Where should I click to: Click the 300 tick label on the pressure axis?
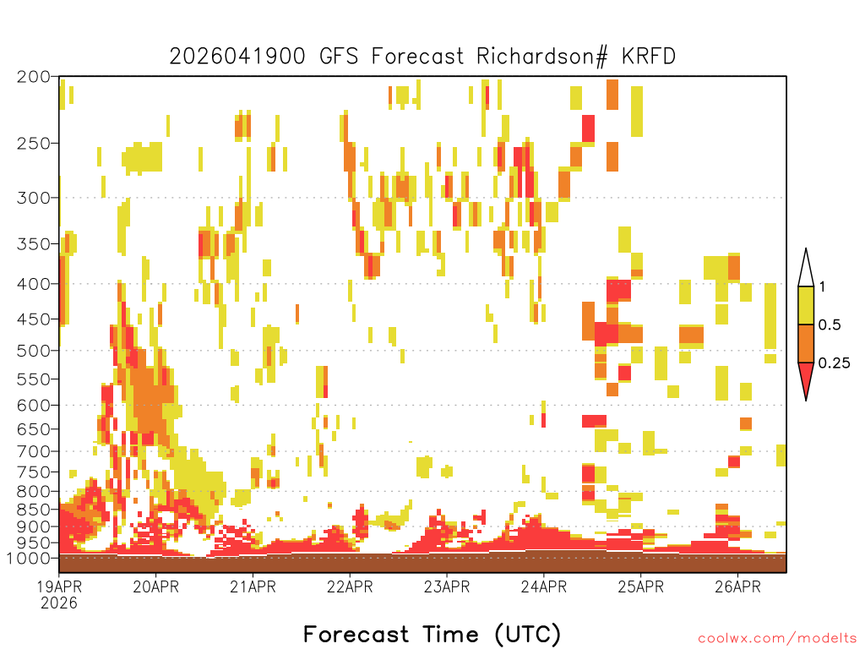34,198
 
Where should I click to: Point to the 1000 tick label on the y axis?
29,559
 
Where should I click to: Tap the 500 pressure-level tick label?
34,351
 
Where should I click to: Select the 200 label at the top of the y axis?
34,77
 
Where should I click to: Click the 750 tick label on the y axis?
34,472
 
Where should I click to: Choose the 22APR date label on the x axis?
350,586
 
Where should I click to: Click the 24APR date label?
544,586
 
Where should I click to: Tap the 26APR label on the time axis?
738,586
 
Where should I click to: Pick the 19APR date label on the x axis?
59,586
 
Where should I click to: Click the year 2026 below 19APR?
59,603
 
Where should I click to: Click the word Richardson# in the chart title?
542,57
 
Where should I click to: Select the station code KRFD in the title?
649,57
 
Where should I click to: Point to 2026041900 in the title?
237,57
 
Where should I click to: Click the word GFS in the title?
339,57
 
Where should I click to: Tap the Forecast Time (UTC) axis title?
432,634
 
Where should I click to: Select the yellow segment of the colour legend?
806,305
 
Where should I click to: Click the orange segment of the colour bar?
806,343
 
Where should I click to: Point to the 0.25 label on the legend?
834,363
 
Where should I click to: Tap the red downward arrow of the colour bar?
806,378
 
